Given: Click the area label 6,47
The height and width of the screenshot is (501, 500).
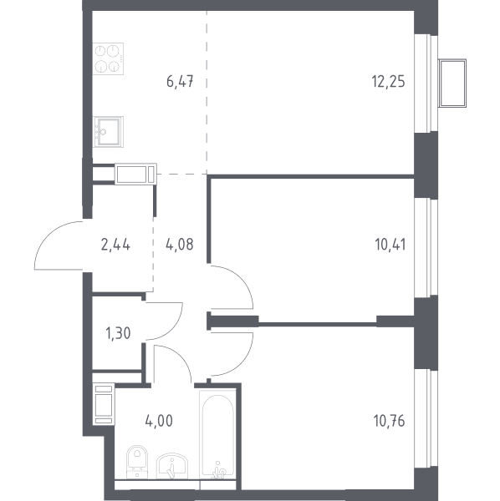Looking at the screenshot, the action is [x=180, y=82].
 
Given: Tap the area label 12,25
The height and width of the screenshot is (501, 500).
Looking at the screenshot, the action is [x=388, y=82].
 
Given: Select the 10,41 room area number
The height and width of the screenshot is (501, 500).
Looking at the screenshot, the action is [x=390, y=245].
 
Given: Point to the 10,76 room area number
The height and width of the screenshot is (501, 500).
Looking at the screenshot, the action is [x=390, y=421].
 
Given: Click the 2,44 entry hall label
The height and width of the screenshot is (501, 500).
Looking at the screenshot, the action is [x=115, y=245].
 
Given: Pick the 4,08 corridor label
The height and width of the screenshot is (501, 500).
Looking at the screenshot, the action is [x=180, y=245].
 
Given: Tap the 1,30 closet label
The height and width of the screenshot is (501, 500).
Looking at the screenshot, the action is [x=118, y=333].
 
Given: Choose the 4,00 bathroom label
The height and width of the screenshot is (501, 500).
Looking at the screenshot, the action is [x=159, y=421].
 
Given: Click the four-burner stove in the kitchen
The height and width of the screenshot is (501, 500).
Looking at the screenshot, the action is [x=108, y=58].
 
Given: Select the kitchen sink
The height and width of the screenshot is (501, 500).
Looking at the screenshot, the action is [x=108, y=132].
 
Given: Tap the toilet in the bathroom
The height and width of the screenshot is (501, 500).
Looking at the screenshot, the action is [x=137, y=462].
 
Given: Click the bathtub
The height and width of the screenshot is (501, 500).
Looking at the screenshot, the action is [x=217, y=434].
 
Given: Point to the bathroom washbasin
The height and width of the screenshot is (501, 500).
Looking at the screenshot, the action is [x=172, y=466].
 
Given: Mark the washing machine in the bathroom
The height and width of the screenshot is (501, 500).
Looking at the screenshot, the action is [x=104, y=404].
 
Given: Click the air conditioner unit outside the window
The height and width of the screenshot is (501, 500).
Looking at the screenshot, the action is [x=452, y=83].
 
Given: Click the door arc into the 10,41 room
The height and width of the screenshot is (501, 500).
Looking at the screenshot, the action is [x=244, y=279].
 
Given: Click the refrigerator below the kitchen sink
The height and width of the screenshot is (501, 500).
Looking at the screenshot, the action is [x=136, y=174].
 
